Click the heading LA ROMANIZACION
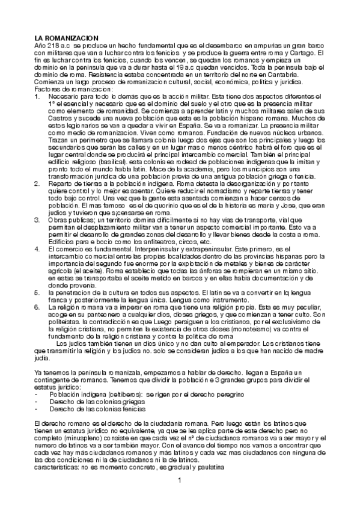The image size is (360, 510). [66, 38]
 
